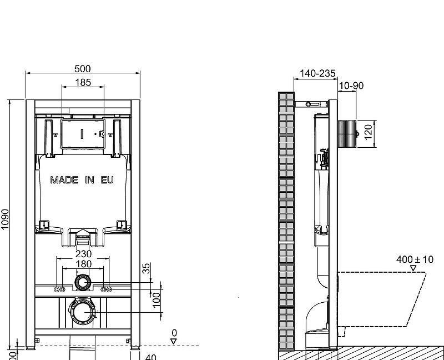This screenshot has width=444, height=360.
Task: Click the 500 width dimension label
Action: coord(82,69)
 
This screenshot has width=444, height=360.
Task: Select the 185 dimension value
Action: coord(82,83)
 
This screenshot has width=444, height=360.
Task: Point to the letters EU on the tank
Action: coord(107,180)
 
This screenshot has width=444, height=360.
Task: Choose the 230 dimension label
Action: coord(83,254)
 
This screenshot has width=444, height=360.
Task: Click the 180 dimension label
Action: coord(83,264)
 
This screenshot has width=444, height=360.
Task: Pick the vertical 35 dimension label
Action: coord(147,268)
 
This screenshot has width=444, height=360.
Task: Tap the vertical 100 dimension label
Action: coord(157,299)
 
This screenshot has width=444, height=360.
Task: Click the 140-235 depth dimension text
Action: coord(317,73)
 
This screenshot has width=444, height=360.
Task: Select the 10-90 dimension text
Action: coord(351,86)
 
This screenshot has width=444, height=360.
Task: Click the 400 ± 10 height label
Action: coord(415,259)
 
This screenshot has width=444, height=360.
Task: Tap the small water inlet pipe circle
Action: coord(83,282)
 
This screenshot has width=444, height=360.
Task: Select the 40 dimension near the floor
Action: coord(150,357)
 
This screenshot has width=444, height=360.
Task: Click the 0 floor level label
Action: coord(174,332)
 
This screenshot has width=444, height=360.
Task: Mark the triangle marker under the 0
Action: coord(174,341)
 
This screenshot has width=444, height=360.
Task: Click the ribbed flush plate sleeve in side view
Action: coord(346,133)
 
